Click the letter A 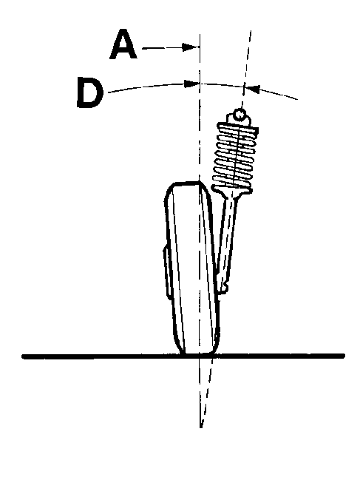pyautogui.click(x=123, y=44)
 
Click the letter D pyautogui.click(x=89, y=92)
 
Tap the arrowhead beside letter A pyautogui.click(x=191, y=47)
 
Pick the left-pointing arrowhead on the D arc pyautogui.click(x=252, y=89)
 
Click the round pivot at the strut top pyautogui.click(x=240, y=115)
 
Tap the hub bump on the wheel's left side pyautogui.click(x=167, y=270)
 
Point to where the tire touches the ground pyautogui.click(x=197, y=353)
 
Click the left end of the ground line pyautogui.click(x=23, y=356)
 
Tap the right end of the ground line pyautogui.click(x=343, y=355)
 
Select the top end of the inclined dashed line pyautogui.click(x=251, y=30)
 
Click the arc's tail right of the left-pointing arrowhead pyautogui.click(x=278, y=93)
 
